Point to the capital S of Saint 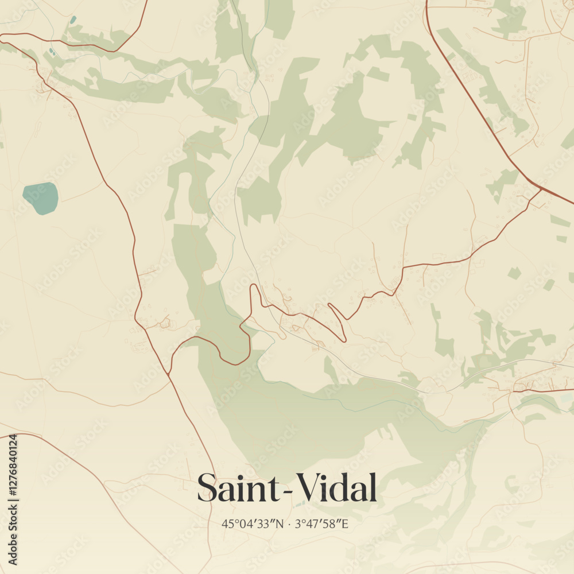pyautogui.click(x=207, y=488)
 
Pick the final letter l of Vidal pyautogui.click(x=373, y=487)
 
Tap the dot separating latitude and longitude pyautogui.click(x=289, y=523)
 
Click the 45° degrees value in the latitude pyautogui.click(x=230, y=523)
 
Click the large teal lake pyautogui.click(x=41, y=198)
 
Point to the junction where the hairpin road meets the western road pyautogui.click(x=169, y=373)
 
